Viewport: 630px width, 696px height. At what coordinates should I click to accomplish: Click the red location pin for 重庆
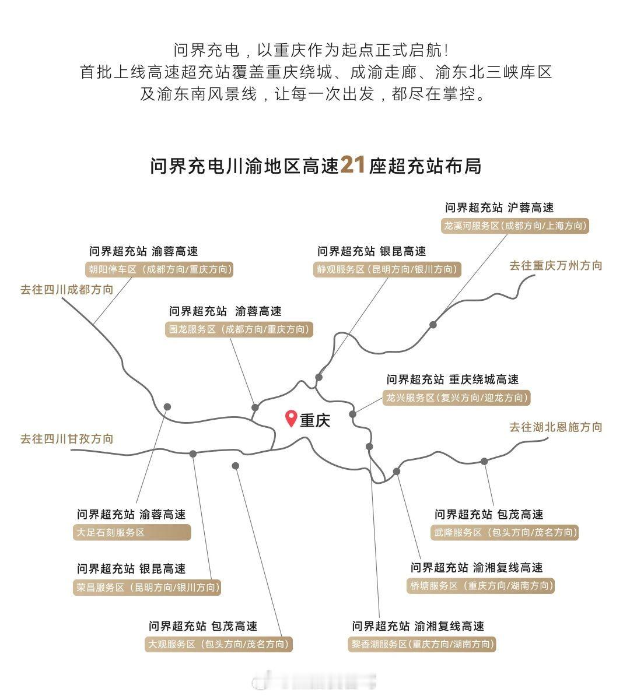[x=291, y=418]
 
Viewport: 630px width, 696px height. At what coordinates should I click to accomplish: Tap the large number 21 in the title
[x=353, y=166]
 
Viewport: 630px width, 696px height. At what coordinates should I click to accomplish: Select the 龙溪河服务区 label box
[x=515, y=226]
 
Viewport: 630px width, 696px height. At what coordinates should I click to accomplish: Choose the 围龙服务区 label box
[x=239, y=329]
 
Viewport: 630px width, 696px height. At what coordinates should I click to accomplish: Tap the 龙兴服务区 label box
[x=457, y=398]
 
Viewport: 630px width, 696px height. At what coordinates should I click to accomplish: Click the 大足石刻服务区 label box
[x=132, y=532]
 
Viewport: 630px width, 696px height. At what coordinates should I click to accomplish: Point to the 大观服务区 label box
[x=219, y=644]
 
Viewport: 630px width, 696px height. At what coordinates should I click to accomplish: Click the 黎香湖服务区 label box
[x=422, y=644]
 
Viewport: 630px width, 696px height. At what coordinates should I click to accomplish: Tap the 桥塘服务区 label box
[x=480, y=586]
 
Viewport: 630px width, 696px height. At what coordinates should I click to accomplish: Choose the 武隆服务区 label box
[x=505, y=532]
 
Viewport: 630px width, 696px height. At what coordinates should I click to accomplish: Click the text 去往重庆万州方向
[x=556, y=265]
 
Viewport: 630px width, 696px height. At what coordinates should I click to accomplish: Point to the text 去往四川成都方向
[x=67, y=289]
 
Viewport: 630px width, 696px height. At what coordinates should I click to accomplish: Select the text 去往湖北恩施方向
[x=556, y=427]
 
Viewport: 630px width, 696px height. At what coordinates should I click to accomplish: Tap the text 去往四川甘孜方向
[x=67, y=438]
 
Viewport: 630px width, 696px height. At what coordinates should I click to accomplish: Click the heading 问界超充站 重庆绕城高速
[x=452, y=379]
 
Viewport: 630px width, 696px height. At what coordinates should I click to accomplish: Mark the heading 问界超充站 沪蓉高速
[x=499, y=208]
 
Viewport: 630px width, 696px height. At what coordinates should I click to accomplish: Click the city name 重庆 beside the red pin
[x=315, y=420]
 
